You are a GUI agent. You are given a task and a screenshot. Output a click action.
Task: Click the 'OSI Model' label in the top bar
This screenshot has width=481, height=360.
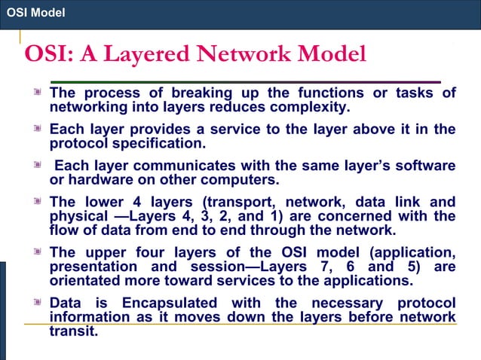point(35,13)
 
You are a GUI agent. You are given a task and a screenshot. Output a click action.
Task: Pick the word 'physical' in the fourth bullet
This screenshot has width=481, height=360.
point(77,216)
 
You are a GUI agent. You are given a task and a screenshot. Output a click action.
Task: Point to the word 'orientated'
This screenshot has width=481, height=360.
point(87,281)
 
